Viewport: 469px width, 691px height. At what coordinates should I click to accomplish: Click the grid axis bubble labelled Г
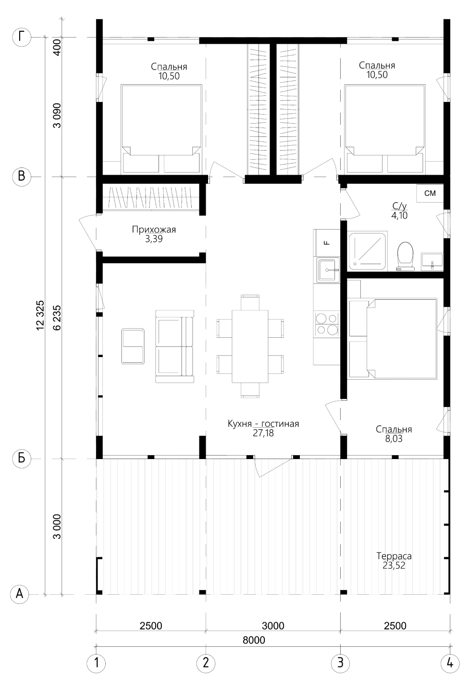point(22,38)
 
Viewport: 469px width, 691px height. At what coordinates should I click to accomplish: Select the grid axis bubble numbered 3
point(340,663)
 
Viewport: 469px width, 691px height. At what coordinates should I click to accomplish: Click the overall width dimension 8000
point(254,640)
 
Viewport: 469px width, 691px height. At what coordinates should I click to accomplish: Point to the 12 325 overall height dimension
point(40,315)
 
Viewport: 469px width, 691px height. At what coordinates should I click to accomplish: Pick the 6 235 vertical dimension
point(57,318)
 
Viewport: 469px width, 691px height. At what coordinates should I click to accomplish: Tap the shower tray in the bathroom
point(367,251)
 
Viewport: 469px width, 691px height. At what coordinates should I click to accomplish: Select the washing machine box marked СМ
point(430,193)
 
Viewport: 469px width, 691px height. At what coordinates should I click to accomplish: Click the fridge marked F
point(327,243)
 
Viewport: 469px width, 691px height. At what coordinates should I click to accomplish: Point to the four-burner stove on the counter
point(327,324)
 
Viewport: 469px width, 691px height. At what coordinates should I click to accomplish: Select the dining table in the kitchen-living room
point(250,346)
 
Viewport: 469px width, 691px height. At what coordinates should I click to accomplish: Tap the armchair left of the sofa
point(133,346)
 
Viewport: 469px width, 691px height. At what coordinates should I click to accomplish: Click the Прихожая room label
point(154,230)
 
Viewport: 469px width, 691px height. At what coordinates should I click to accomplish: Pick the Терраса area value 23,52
point(394,565)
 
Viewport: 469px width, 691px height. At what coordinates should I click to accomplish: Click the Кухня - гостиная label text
point(263,423)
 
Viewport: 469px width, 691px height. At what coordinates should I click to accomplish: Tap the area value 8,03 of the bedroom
point(394,438)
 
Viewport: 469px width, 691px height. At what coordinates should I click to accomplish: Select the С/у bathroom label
point(399,206)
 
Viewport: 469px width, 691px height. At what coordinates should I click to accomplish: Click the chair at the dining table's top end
point(250,302)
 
